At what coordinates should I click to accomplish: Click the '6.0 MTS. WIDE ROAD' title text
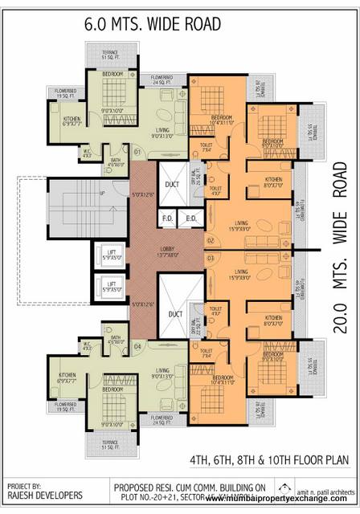[x=152, y=25]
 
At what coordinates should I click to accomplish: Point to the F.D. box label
[x=168, y=218]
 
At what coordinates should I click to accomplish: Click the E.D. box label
[x=192, y=218]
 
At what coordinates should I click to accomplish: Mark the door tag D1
[x=137, y=151]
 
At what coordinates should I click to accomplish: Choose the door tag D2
[x=211, y=240]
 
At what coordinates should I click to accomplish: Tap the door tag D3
[x=211, y=259]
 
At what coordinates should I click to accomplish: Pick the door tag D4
[x=137, y=347]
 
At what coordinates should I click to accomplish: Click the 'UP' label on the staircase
[x=101, y=194]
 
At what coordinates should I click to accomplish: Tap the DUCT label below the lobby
[x=175, y=314]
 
